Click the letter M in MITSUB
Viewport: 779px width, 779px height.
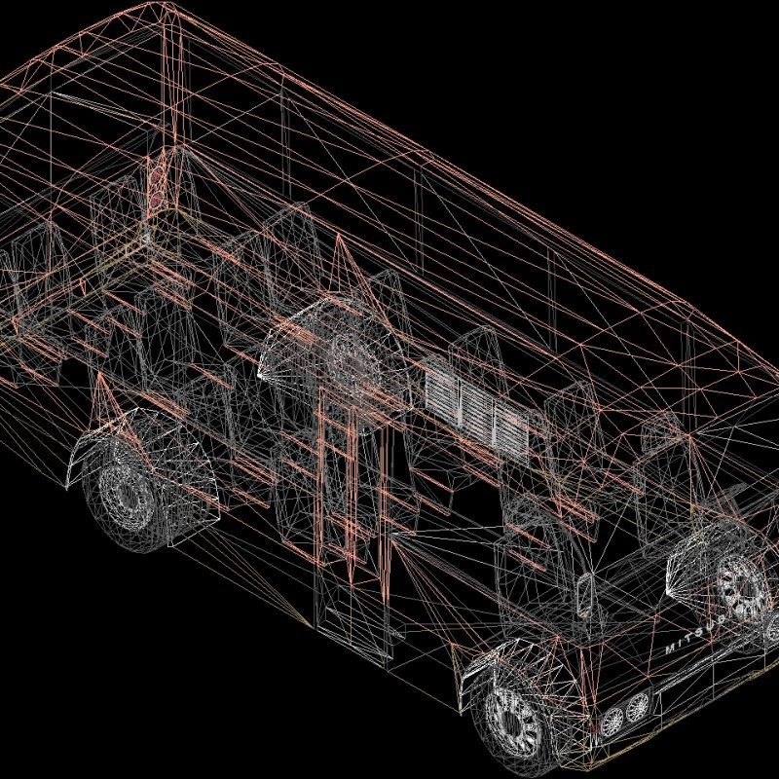pos(671,648)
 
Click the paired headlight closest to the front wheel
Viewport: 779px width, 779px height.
pos(612,721)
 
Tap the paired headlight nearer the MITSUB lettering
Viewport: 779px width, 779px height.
pos(638,705)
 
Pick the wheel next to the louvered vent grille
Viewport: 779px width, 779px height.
pos(343,351)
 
